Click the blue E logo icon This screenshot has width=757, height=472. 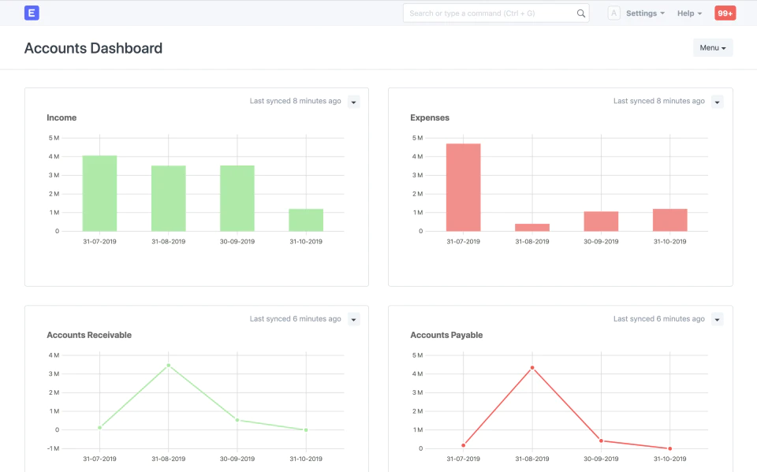(x=32, y=13)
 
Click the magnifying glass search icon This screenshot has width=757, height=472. (x=581, y=13)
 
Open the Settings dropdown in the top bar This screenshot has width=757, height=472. (x=645, y=13)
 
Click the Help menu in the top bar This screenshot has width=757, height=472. (x=689, y=13)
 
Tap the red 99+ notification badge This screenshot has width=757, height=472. (x=725, y=13)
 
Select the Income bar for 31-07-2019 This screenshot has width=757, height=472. (x=99, y=194)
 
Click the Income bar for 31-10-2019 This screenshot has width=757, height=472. (x=306, y=220)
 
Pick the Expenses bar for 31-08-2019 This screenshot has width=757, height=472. (x=532, y=227)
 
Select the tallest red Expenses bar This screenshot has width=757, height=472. (x=464, y=188)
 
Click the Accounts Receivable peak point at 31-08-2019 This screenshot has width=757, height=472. (x=169, y=366)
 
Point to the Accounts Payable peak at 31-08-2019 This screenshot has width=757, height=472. (x=532, y=368)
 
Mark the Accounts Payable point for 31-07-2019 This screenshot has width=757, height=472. (x=464, y=445)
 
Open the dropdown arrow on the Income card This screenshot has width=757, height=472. (x=354, y=102)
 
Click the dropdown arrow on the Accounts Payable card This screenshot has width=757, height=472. (x=718, y=319)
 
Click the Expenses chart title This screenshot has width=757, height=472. (x=430, y=117)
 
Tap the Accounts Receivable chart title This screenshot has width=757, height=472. (x=89, y=335)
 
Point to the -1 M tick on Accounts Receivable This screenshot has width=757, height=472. (x=53, y=448)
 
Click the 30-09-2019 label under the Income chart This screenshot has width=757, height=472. (x=237, y=241)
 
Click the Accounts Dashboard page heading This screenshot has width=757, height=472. (x=93, y=48)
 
